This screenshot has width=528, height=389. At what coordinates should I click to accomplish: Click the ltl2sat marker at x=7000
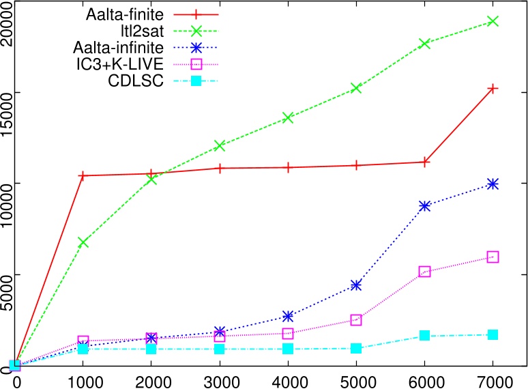tap(493, 21)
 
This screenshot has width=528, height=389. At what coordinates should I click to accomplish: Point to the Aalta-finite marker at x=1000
tap(83, 175)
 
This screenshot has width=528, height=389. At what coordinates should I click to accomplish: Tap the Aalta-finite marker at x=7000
tap(493, 88)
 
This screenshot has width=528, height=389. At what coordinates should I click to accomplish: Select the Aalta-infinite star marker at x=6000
tap(424, 205)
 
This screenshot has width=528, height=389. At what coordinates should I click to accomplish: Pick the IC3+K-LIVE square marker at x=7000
tap(493, 257)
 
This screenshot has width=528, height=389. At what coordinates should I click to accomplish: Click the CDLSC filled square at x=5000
tap(356, 348)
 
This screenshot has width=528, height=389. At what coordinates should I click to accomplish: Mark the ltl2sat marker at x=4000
tap(288, 117)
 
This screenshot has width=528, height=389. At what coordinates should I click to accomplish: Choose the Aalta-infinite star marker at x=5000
tap(356, 285)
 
